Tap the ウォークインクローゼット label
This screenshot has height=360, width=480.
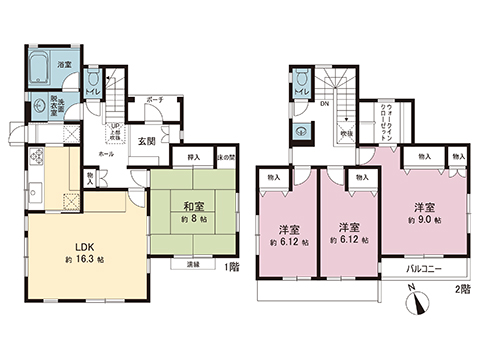click(385, 121)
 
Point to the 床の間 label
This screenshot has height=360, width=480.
click(225, 157)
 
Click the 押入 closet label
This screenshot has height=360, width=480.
click(193, 157)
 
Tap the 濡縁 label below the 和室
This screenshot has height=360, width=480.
click(192, 264)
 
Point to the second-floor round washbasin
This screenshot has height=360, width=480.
click(301, 130)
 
